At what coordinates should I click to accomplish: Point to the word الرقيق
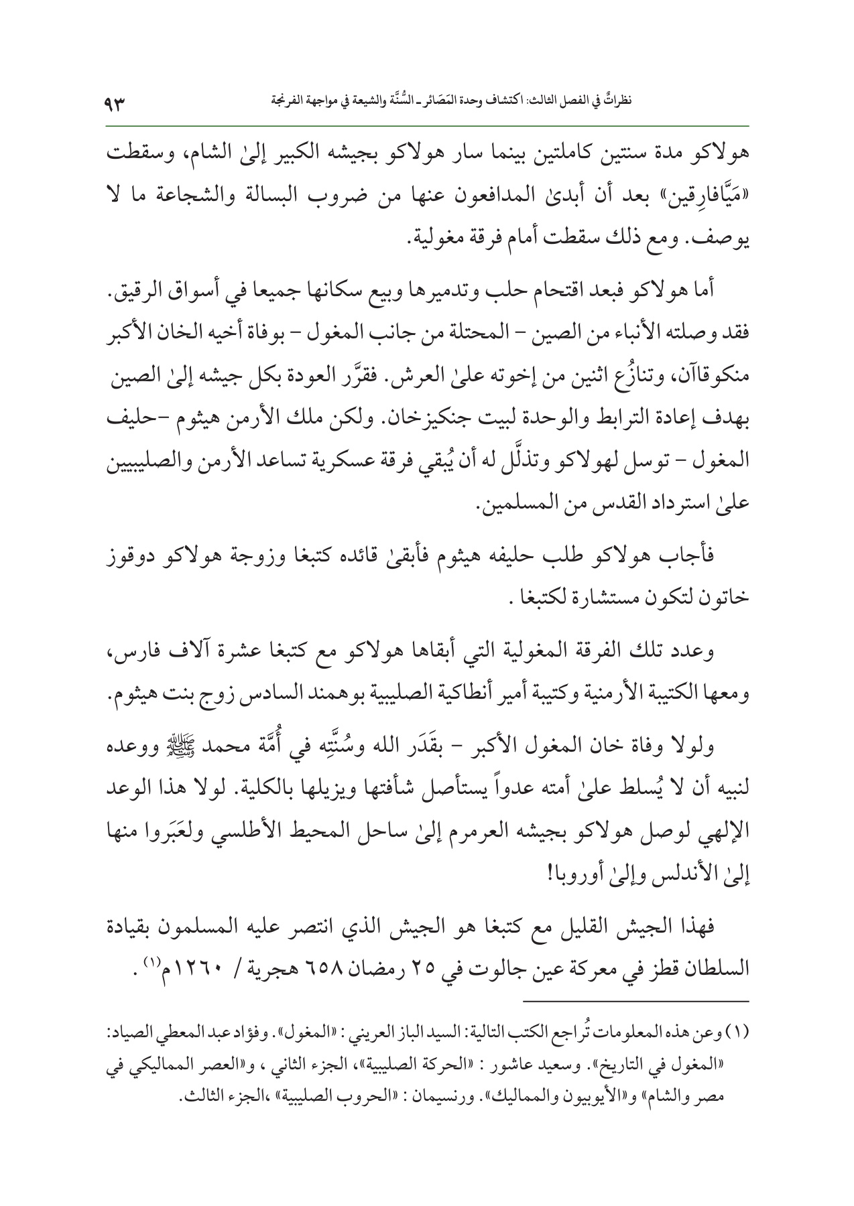point(135,291)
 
